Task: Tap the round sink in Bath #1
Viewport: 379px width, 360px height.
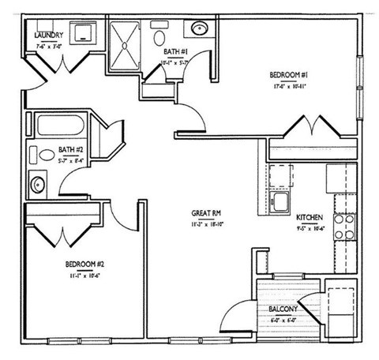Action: tap(197, 31)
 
